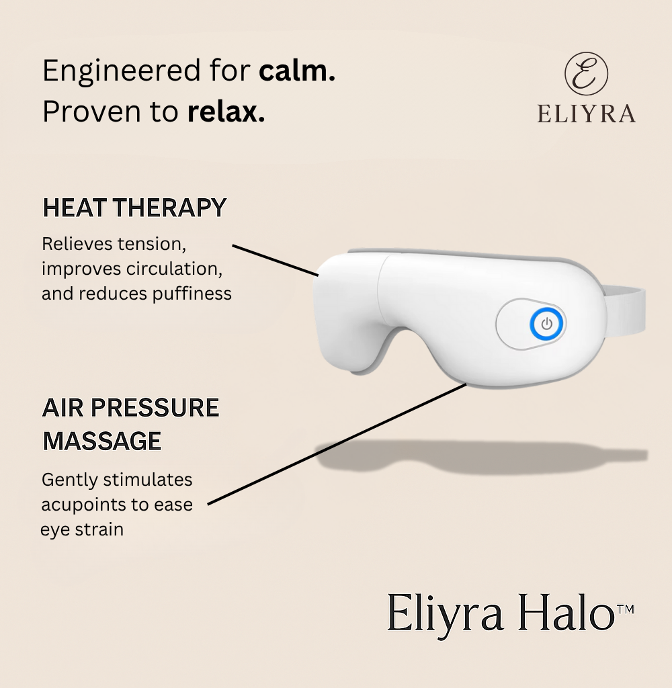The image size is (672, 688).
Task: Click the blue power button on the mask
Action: tap(546, 325)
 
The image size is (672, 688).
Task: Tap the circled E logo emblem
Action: tap(586, 74)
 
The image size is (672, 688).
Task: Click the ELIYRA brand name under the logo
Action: tap(586, 114)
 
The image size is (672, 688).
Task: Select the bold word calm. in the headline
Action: tap(297, 71)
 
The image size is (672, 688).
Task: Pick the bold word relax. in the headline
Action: tap(226, 112)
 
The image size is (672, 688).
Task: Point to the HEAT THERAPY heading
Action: tap(134, 208)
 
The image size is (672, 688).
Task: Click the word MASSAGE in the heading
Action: tap(102, 441)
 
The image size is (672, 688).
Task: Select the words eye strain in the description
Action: tap(82, 529)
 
